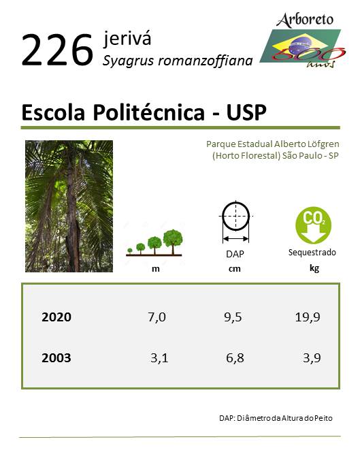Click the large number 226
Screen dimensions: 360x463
(57, 50)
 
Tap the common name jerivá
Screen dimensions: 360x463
(127, 39)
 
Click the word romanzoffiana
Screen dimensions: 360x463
(206, 61)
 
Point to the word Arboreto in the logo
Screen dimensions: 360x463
(305, 20)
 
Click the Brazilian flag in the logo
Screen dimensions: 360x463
(300, 46)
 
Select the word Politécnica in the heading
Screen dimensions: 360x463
(149, 112)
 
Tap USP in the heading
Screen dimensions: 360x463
(246, 112)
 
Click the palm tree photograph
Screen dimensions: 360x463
(69, 206)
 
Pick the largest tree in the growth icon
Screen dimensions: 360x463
(173, 241)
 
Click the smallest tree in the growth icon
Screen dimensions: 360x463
(129, 251)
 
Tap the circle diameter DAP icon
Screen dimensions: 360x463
(235, 222)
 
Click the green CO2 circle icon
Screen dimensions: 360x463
(313, 225)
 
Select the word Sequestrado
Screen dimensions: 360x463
(312, 253)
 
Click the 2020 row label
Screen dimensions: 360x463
(56, 317)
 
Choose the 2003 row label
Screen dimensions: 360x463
(56, 358)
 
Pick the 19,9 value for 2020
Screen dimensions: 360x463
(308, 317)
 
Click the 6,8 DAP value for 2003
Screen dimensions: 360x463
(235, 358)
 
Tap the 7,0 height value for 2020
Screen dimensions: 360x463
(157, 317)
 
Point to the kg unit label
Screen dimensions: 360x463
(314, 268)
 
